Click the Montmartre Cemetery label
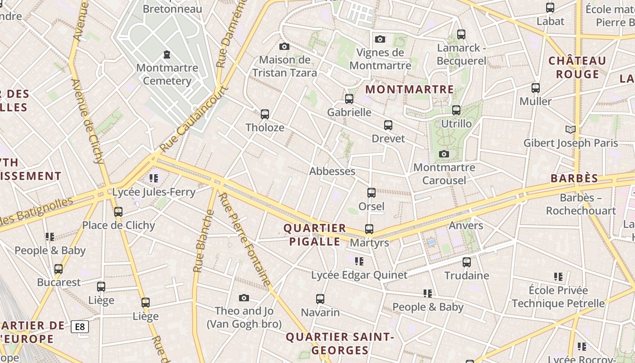point(167,74)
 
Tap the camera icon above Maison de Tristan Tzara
point(284,46)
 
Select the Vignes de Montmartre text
point(380,59)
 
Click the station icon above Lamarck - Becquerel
point(461,34)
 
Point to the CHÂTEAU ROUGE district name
point(577,67)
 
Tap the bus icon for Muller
point(536,88)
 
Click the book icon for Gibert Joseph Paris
point(571,130)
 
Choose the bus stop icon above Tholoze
point(265,114)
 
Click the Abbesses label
point(332,171)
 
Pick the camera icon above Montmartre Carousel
point(444,154)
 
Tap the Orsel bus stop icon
point(371,193)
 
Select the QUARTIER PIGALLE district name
point(315,235)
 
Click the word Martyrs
point(369,243)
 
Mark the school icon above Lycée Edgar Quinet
point(359,261)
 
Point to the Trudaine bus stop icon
point(467,262)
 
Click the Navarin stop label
point(320,312)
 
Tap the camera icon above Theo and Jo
point(244,298)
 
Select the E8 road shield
point(80,326)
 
